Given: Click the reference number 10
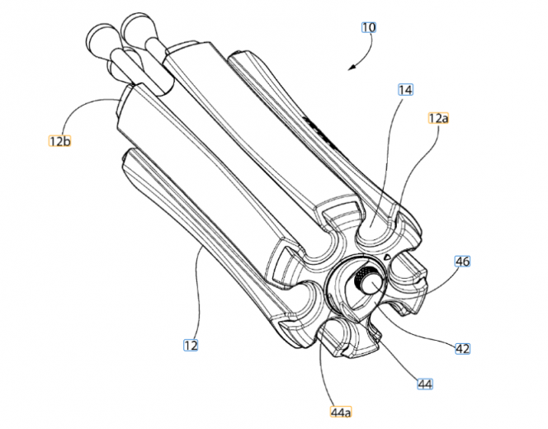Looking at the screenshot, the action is point(369,27).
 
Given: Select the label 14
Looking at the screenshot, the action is point(405,90).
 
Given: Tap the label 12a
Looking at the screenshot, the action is point(438,119).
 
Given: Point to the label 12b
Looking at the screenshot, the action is point(59,141).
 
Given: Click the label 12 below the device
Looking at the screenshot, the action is point(191,345).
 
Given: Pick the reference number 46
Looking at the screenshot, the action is point(462,261).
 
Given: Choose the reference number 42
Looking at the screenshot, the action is point(463,348).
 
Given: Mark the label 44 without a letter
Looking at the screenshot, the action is point(425,384).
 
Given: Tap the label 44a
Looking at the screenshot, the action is point(341,412).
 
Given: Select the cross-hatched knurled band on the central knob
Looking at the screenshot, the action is point(360,276).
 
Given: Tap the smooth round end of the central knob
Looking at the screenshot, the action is point(372,283).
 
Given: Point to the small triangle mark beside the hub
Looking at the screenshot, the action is point(386,257).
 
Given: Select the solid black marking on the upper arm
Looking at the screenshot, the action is point(319,133).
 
